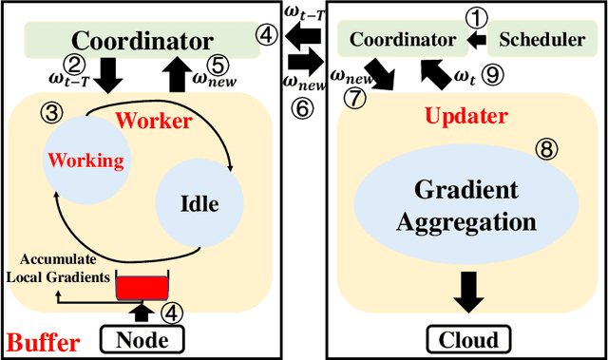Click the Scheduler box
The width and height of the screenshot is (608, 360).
541,40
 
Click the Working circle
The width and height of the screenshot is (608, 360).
87,161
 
